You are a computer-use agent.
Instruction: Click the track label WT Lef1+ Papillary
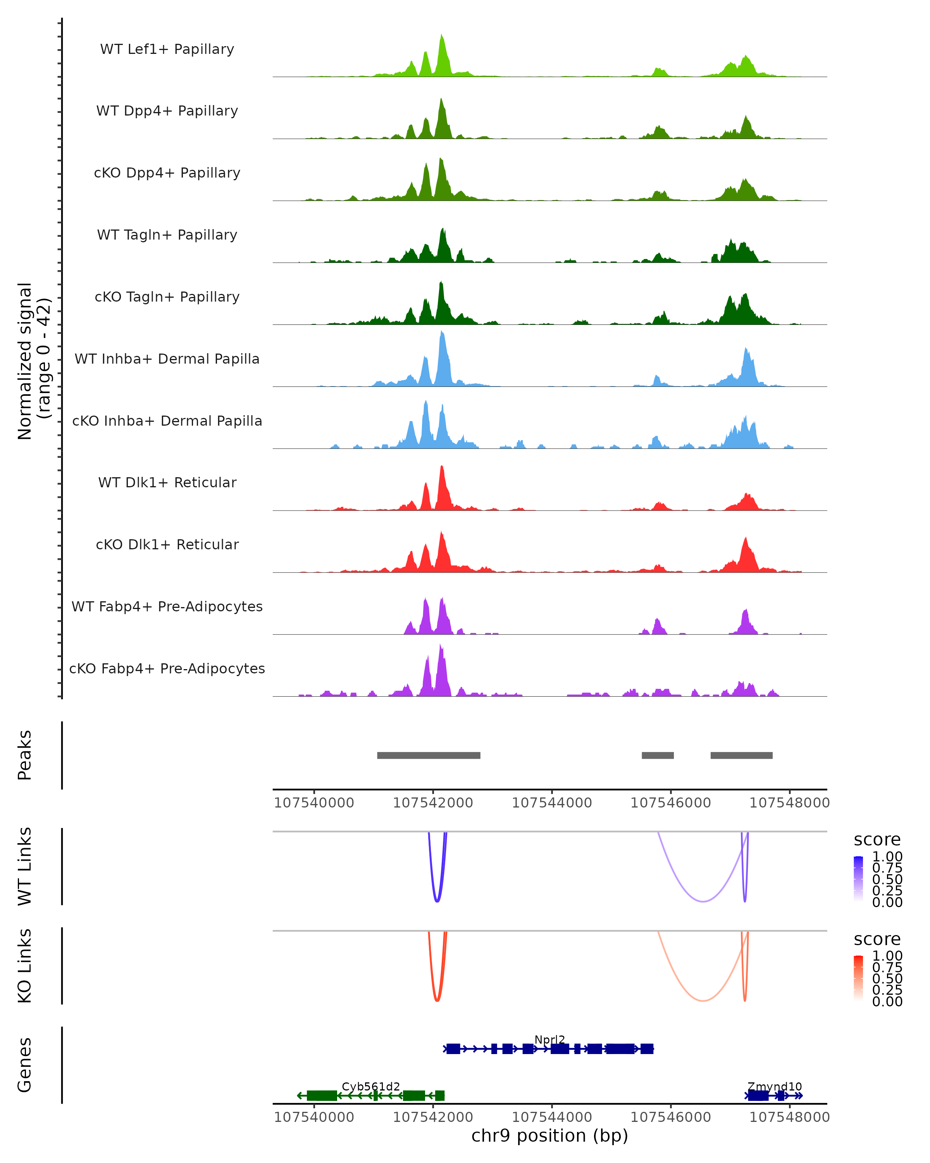pyautogui.click(x=167, y=49)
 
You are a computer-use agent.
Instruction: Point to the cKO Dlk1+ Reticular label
pyautogui.click(x=167, y=544)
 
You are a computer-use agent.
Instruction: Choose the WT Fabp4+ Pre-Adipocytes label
pyautogui.click(x=167, y=606)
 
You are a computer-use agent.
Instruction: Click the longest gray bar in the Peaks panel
pyautogui.click(x=429, y=755)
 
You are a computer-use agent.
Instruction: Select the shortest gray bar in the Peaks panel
pyautogui.click(x=658, y=755)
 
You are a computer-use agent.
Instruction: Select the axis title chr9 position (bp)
pyautogui.click(x=550, y=1135)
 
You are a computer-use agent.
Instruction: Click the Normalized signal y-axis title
pyautogui.click(x=33, y=361)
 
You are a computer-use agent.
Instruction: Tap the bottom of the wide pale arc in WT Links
pyautogui.click(x=703, y=901)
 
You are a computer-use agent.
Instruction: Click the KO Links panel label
pyautogui.click(x=25, y=966)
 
